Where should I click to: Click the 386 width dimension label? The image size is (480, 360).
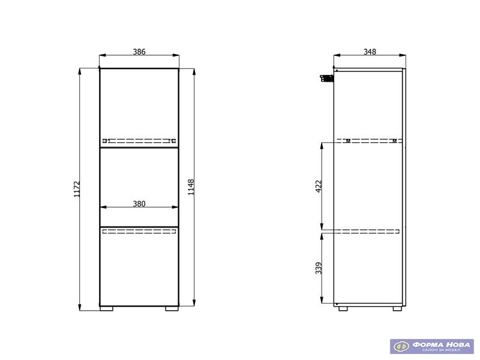point(139,52)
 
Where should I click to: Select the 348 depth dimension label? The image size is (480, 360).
point(370,52)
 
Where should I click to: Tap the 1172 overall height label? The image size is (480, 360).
point(77,189)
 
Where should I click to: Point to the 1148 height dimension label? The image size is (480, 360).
point(191,187)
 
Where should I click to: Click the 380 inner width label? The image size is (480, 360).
point(139,203)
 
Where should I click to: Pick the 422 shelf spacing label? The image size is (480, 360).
point(319,186)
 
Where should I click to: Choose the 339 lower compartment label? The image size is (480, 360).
point(319,268)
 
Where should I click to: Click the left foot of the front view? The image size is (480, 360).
point(107,308)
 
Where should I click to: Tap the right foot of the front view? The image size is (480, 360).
point(172,308)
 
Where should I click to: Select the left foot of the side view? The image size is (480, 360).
point(343,308)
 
